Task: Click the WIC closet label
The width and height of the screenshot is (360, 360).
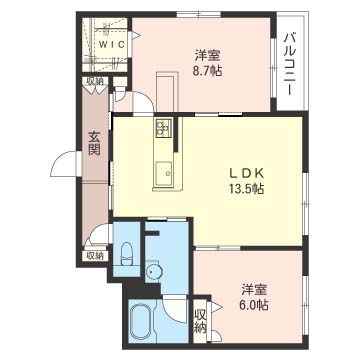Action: coord(112,44)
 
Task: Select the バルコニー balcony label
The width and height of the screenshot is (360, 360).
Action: coord(289,65)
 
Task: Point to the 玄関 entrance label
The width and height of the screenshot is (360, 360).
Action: coord(94,143)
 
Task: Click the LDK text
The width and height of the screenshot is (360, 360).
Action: coord(246,173)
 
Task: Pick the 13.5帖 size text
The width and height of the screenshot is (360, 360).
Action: coord(246,189)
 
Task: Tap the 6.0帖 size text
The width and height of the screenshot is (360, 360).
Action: coord(255,305)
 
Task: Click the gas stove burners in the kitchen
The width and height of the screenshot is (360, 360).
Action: coord(163,128)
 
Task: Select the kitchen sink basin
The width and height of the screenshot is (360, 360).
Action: coord(164,173)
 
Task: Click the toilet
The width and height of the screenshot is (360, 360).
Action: coord(126,254)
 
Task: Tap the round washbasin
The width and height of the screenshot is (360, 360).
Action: coord(153,273)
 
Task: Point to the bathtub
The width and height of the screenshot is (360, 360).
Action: coord(141,322)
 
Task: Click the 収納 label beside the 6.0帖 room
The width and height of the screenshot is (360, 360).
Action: coord(200,320)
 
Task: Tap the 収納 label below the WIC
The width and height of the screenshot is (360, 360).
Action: coord(95,81)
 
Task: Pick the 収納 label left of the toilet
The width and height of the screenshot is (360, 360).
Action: coord(95,256)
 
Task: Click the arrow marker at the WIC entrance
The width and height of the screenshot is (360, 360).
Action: coord(137,35)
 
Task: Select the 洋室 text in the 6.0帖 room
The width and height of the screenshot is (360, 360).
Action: coord(254,289)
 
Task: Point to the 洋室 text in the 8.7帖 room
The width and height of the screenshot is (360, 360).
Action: coord(208,55)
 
